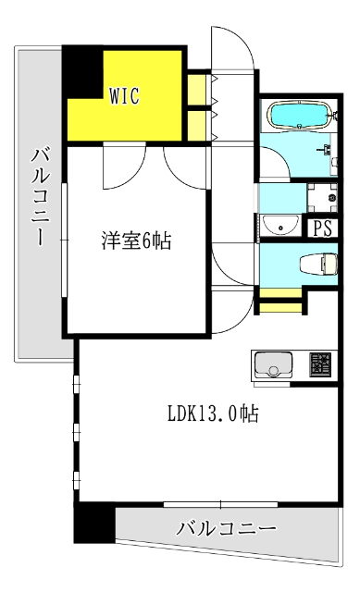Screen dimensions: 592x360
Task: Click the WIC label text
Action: click(126, 94)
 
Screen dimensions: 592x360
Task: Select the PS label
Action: click(322, 228)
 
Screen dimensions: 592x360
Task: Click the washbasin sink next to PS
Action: click(275, 225)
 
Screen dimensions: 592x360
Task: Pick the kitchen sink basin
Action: click(273, 365)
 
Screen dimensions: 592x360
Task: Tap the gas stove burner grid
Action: click(319, 365)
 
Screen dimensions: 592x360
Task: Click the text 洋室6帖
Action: click(135, 241)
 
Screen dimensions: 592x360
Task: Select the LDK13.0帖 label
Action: click(213, 414)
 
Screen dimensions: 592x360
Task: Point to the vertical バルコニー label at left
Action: click(40, 194)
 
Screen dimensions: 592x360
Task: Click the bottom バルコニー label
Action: click(226, 530)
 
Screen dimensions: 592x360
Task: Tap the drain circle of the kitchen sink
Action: click(273, 372)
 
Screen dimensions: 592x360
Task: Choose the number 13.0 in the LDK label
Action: click(218, 414)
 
